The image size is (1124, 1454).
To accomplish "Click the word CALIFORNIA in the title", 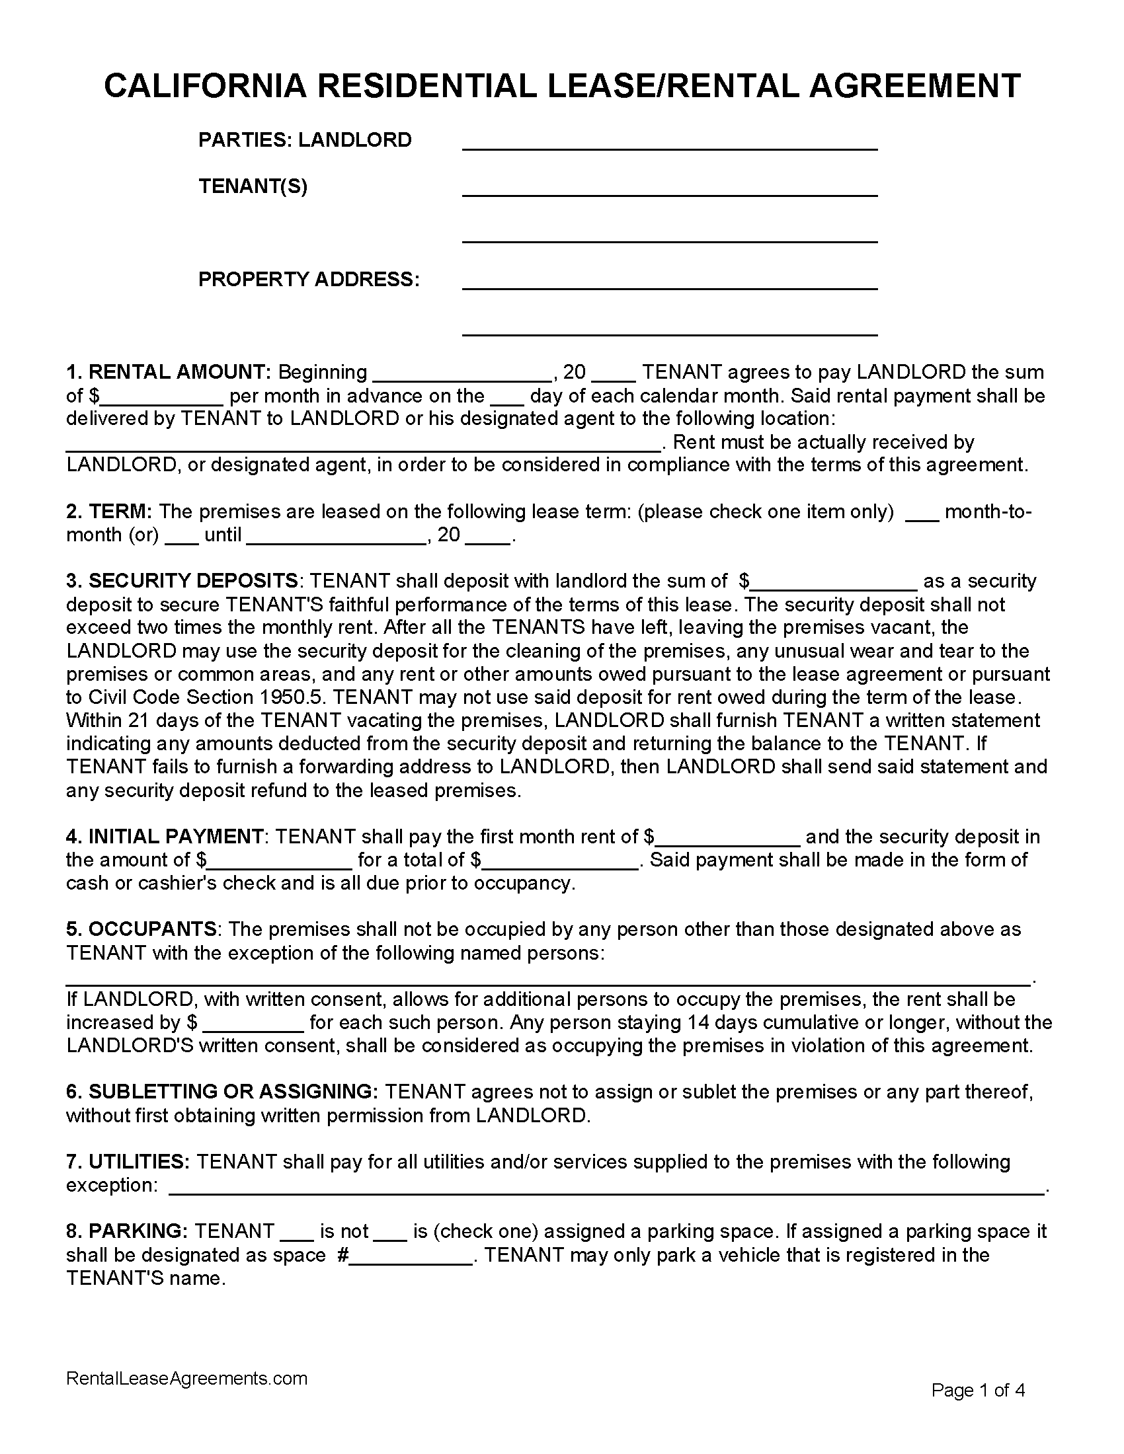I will click(x=205, y=85).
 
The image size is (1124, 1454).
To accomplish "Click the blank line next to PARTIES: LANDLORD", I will click(x=669, y=143).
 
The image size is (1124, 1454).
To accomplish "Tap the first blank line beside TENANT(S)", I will click(x=669, y=189).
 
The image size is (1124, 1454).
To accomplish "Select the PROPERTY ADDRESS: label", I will click(x=309, y=279).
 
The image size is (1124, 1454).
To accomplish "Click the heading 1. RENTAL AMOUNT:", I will click(x=169, y=371).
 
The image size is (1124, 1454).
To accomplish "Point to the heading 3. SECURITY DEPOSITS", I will click(x=182, y=580).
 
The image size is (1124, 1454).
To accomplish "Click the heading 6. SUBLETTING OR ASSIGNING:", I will click(x=221, y=1091).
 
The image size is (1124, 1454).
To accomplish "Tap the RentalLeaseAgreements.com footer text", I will click(x=186, y=1378).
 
